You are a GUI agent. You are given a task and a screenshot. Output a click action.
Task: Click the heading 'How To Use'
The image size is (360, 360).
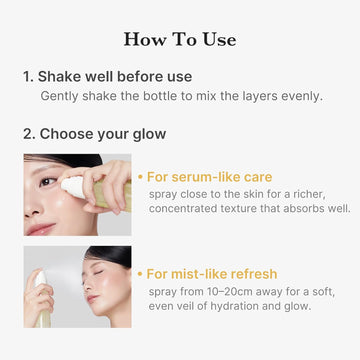(180, 40)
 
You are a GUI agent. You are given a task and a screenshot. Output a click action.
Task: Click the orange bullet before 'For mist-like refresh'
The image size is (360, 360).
(140, 273)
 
